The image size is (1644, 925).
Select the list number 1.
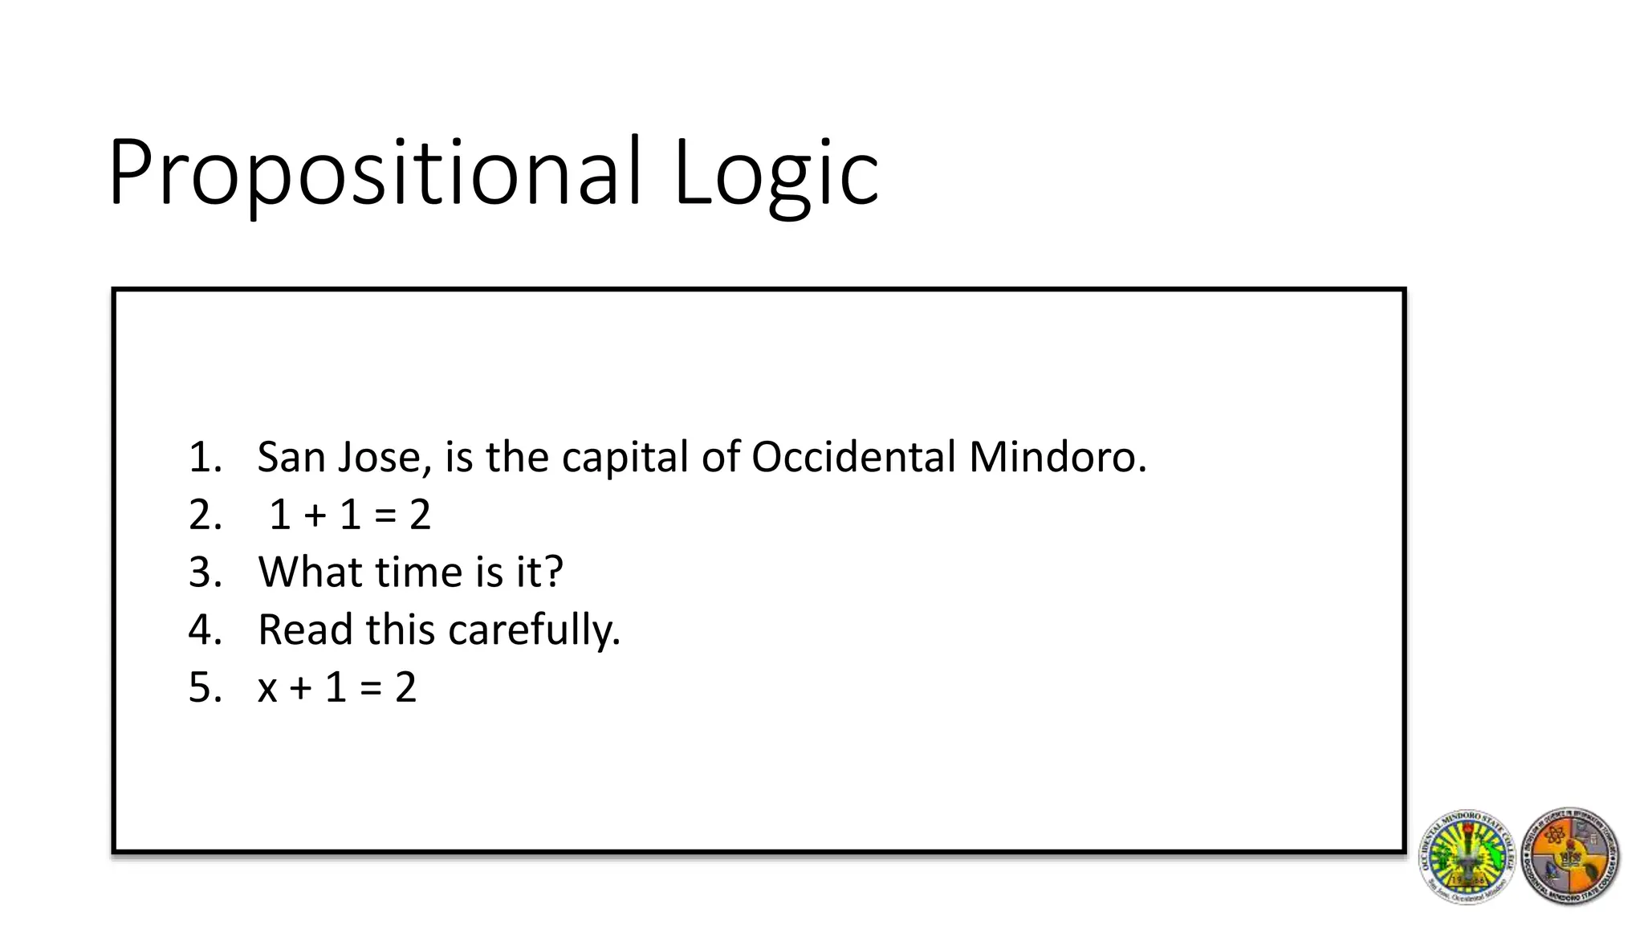[204, 458]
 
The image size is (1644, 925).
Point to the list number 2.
[204, 515]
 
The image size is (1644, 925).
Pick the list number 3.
[204, 573]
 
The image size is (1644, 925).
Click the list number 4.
[204, 630]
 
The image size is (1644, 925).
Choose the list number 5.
[204, 688]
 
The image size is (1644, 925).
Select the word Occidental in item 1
[853, 458]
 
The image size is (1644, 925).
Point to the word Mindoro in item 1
[1057, 458]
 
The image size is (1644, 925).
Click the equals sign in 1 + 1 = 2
[385, 516]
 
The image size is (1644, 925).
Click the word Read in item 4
[305, 630]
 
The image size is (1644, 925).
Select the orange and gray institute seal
[1570, 857]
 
